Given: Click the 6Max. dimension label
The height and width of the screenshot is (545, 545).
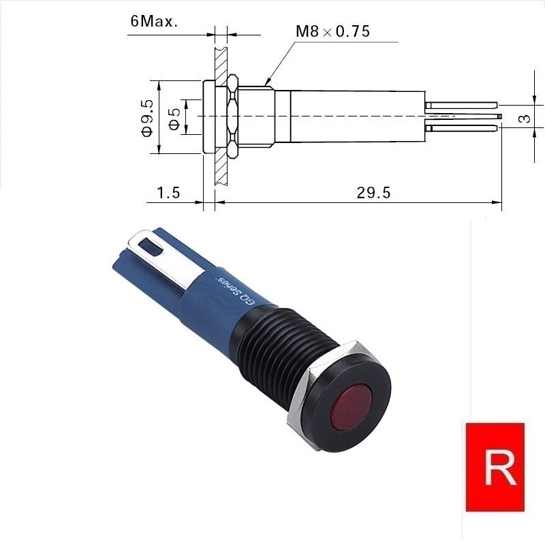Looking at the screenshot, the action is click(154, 22).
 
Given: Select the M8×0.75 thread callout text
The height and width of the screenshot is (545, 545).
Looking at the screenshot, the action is click(332, 31).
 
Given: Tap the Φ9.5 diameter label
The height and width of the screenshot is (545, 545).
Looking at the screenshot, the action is click(147, 118).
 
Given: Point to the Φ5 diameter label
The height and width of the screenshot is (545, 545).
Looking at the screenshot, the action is click(174, 119).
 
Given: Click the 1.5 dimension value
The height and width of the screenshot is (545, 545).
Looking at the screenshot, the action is click(168, 192).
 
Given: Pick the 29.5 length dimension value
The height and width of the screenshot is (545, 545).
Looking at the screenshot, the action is click(373, 193).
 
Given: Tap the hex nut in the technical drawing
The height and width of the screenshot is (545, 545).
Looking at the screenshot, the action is click(232, 116).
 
